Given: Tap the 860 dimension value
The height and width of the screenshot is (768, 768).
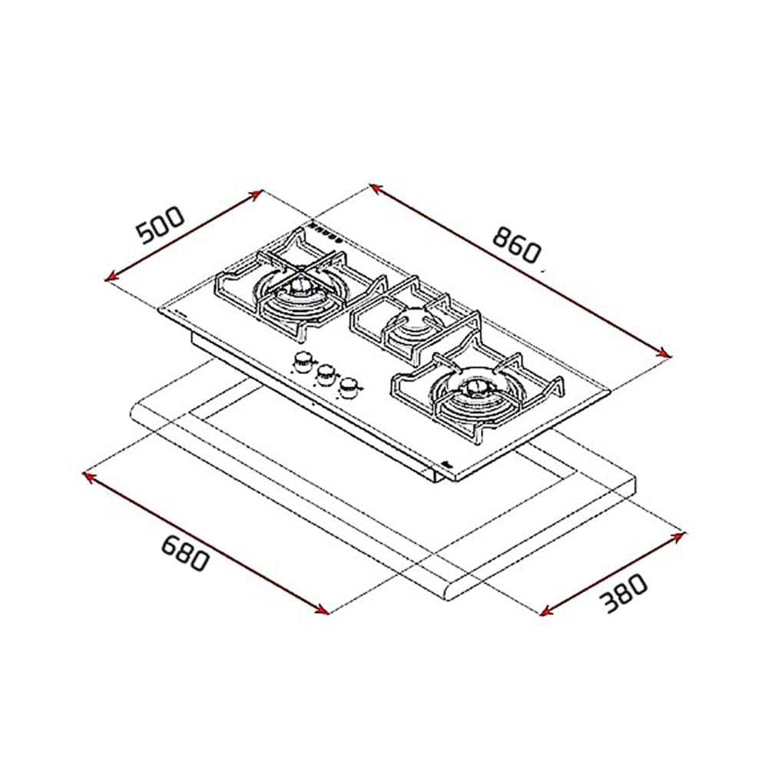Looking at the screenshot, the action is [517, 245].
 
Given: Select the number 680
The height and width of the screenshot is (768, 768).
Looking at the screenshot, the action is [186, 553].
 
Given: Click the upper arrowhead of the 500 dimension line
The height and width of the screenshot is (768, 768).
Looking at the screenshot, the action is [257, 194].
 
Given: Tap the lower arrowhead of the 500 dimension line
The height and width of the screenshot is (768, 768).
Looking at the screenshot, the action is [111, 276].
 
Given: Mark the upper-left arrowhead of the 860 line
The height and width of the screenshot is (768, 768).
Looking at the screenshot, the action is [376, 188].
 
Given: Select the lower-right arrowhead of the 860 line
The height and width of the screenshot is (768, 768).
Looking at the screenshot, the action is [664, 353].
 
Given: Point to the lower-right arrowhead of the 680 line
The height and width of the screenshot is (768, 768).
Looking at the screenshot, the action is [322, 609].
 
